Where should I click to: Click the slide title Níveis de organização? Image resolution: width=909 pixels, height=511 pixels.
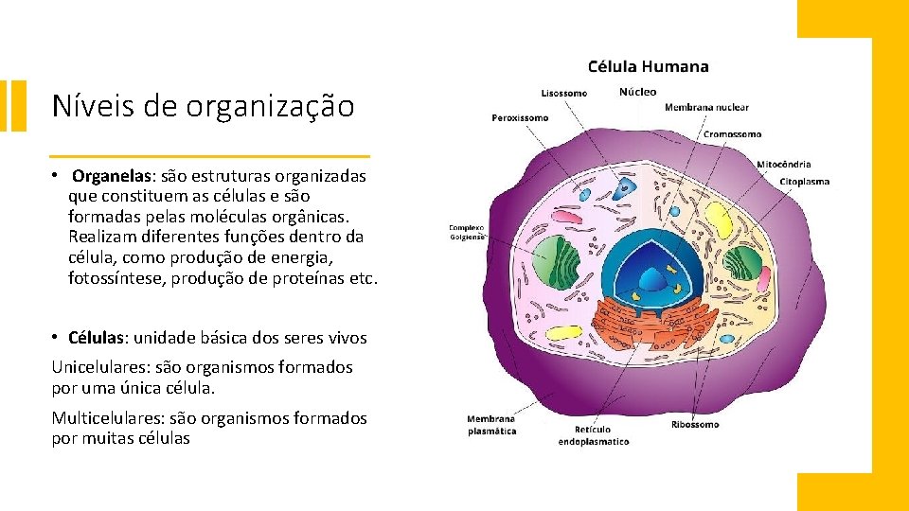pos(203,106)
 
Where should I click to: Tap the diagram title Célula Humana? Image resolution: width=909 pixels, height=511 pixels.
pos(648,66)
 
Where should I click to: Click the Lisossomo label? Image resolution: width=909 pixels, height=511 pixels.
pos(563,93)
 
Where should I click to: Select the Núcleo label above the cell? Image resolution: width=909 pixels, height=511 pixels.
pos(637,92)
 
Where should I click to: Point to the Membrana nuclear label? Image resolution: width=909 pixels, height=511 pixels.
pos(706,108)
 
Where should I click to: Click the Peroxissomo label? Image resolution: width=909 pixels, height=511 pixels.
pos(520,118)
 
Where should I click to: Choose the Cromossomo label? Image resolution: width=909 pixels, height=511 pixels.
pos(732,134)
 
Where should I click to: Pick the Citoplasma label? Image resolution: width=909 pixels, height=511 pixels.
pos(804,181)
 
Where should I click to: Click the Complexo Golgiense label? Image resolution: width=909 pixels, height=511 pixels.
pos(466,232)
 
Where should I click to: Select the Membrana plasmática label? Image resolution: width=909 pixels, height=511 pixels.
pos(491,425)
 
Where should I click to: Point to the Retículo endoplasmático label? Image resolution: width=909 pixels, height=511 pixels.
pos(593,435)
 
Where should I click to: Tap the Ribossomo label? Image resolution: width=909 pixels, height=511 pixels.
pos(695,425)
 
